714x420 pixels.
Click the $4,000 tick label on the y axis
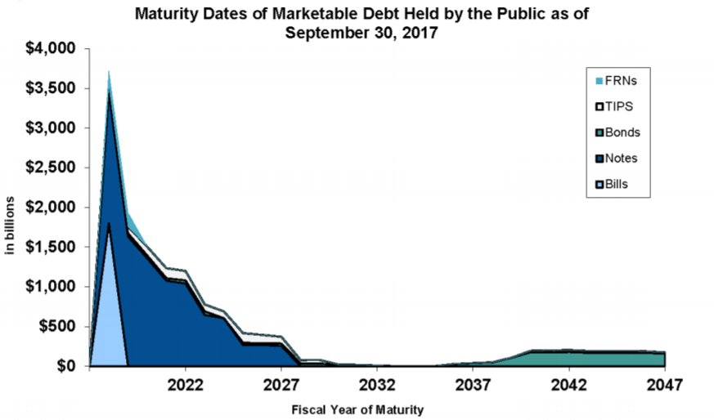pyautogui.click(x=50, y=49)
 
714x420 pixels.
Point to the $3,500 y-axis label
pyautogui.click(x=50, y=88)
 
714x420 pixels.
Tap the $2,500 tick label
pyautogui.click(x=50, y=168)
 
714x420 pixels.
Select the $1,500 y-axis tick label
pyautogui.click(x=50, y=247)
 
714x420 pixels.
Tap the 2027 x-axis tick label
pyautogui.click(x=281, y=384)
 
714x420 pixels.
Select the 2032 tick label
pyautogui.click(x=377, y=384)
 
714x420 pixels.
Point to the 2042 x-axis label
pyautogui.click(x=568, y=384)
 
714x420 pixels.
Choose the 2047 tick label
pyautogui.click(x=664, y=384)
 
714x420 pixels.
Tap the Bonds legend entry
pyautogui.click(x=622, y=132)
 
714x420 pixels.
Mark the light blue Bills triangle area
pyautogui.click(x=109, y=319)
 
